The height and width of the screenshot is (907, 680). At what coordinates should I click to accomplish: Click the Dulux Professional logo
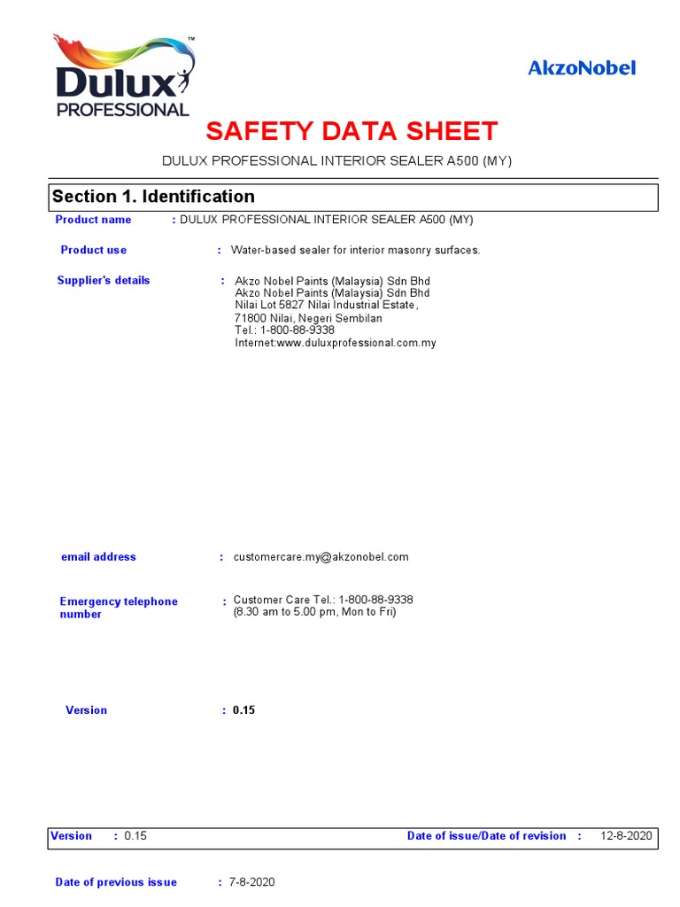pos(123,77)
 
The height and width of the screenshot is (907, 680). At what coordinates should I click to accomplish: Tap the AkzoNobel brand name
pos(582,68)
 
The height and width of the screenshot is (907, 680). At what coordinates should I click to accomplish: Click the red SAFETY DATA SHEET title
pos(352,132)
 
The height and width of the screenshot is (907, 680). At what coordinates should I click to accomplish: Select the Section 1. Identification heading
pos(153,197)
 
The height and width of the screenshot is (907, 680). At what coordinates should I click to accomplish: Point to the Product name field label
pos(93,220)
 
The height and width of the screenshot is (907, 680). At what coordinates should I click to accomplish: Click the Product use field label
pos(93,250)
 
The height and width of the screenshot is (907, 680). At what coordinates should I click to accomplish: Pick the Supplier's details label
pos(104,281)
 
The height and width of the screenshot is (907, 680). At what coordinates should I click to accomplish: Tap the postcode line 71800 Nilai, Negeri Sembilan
pos(308,318)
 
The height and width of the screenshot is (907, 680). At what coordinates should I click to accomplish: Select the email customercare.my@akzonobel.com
pos(321,557)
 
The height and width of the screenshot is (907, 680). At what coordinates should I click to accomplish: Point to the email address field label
pos(98,557)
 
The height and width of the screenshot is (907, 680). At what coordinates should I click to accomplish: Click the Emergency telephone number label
pos(119,608)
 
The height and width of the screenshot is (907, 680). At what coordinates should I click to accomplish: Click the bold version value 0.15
pos(243,710)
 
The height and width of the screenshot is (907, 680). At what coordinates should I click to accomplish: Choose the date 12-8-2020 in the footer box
pos(626,836)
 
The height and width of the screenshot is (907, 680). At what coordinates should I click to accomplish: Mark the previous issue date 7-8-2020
pos(251,882)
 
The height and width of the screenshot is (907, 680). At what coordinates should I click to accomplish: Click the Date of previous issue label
pos(116,882)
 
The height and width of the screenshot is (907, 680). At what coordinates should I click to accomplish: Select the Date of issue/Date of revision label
pos(486,836)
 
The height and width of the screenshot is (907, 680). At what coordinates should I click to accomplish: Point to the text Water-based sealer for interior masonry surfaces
pos(355,251)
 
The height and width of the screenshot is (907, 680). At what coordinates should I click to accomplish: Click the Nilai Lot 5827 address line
pos(326,306)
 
